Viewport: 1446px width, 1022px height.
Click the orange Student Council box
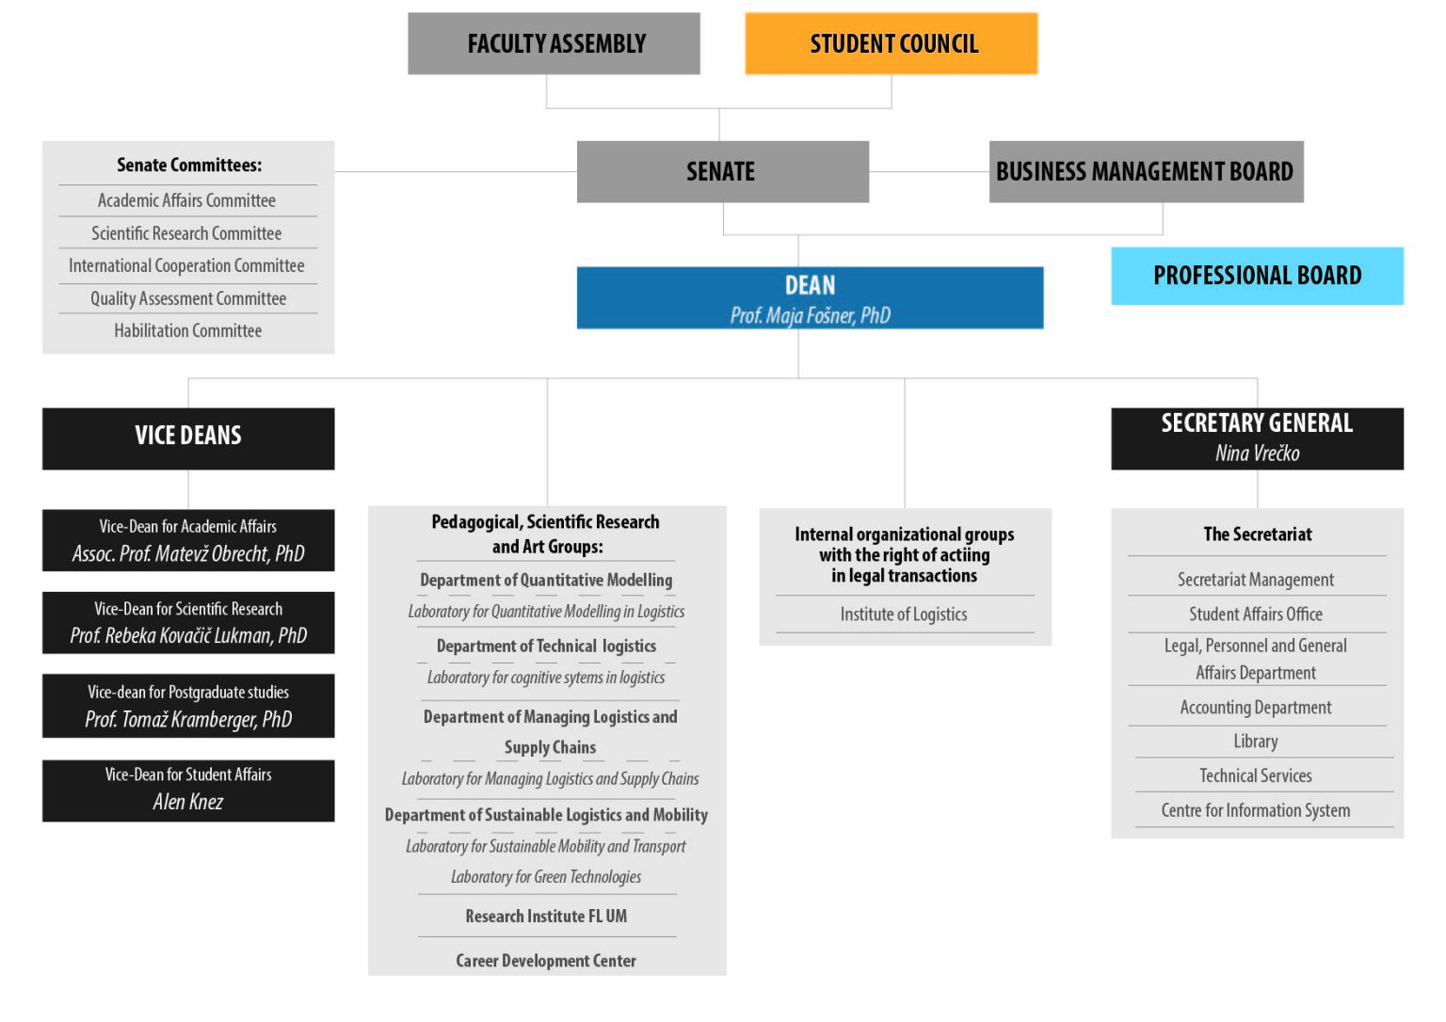click(892, 43)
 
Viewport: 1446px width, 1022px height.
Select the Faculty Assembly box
click(554, 43)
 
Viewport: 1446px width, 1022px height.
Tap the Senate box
click(723, 171)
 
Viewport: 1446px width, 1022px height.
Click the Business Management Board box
click(1147, 171)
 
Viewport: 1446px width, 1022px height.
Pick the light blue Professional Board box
click(1258, 276)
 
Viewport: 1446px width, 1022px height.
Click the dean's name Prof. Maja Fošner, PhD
click(811, 315)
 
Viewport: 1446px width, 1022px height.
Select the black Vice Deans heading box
click(188, 439)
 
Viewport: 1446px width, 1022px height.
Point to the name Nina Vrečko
click(1258, 453)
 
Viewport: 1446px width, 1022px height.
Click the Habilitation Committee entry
click(188, 330)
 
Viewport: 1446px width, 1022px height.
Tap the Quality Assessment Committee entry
click(188, 298)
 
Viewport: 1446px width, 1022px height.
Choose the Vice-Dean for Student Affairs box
click(188, 790)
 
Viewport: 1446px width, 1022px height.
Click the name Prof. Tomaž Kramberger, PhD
click(188, 719)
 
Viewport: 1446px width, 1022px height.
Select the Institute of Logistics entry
click(904, 614)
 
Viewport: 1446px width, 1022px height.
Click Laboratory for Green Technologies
click(546, 876)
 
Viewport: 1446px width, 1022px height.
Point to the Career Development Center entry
click(546, 960)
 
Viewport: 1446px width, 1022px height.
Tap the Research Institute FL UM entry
click(546, 916)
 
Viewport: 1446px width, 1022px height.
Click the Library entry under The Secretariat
click(1256, 741)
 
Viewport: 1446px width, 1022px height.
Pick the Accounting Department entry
click(1256, 707)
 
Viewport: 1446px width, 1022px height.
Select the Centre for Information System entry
click(1256, 809)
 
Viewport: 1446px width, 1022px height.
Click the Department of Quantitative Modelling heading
click(546, 580)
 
